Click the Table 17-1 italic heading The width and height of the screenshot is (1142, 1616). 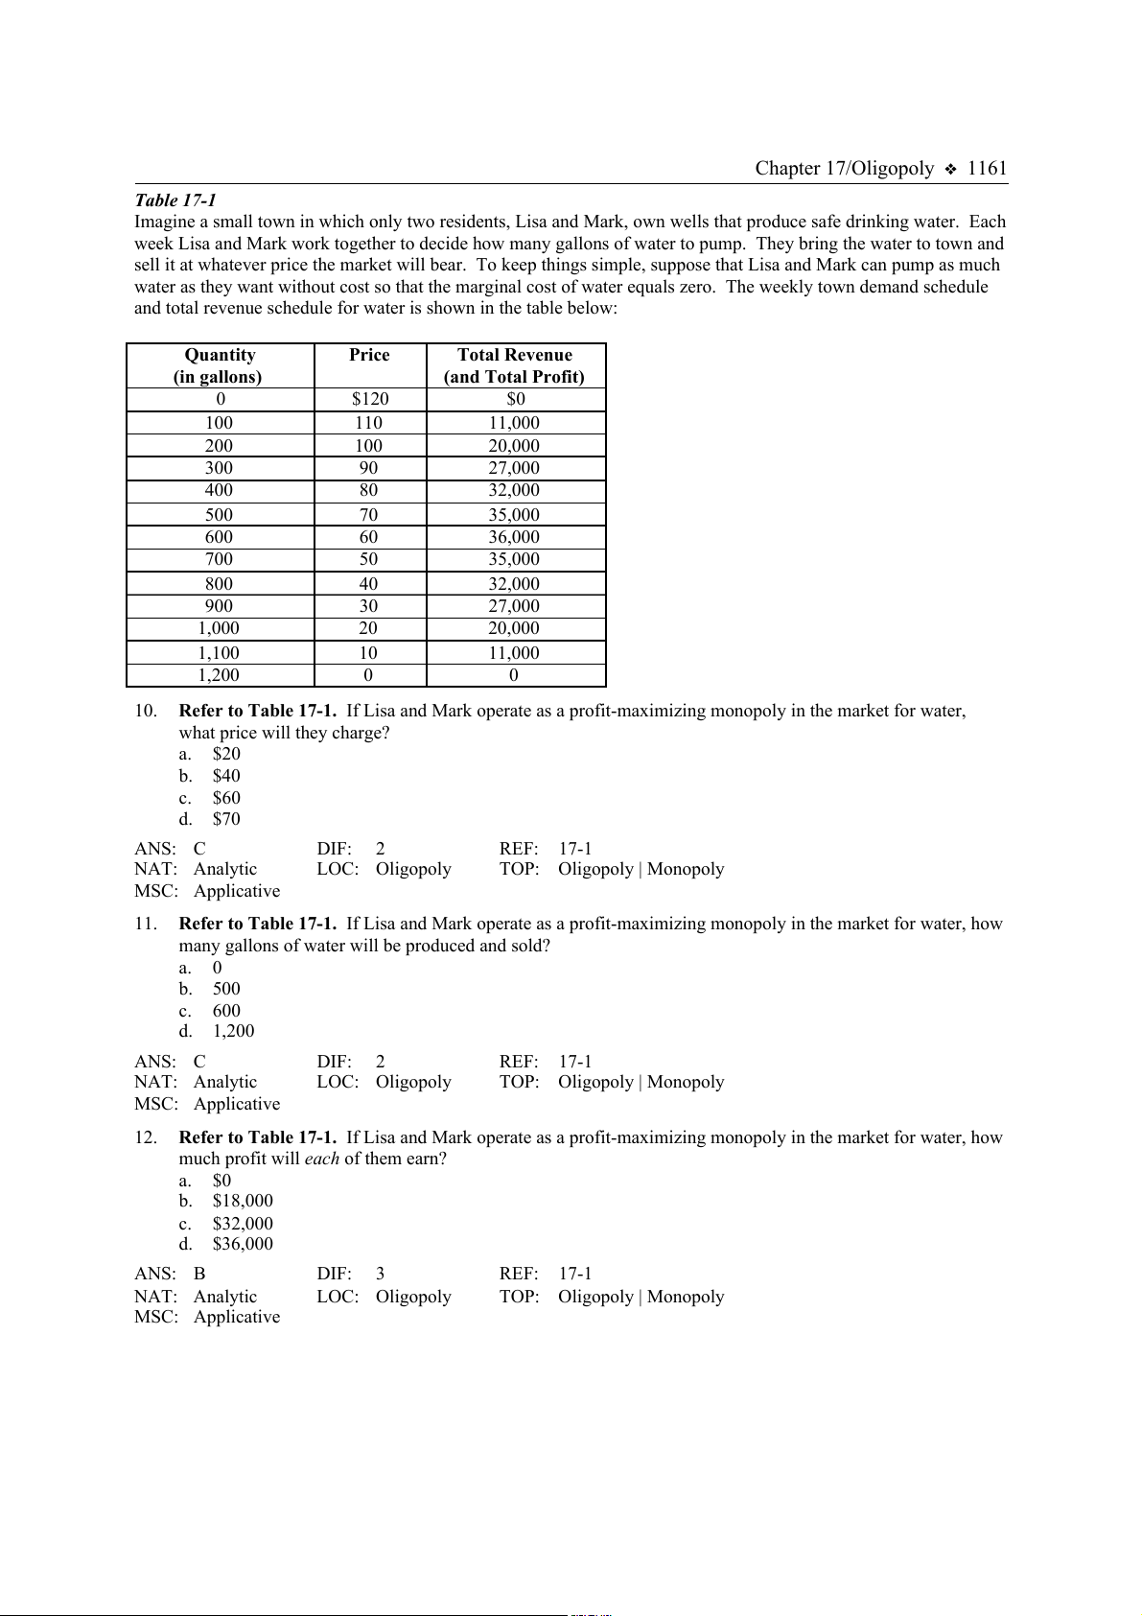point(175,199)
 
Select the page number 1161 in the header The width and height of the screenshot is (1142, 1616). point(987,169)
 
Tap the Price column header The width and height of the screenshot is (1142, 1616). point(369,355)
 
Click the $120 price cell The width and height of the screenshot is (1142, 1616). point(370,399)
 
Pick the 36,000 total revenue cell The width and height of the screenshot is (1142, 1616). point(514,537)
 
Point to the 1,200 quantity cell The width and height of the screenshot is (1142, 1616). point(219,675)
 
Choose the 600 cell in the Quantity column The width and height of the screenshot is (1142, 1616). point(219,537)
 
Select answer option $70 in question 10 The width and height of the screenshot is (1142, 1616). point(226,819)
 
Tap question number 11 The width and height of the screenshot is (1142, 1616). point(146,924)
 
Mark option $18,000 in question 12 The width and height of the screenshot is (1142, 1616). point(243,1201)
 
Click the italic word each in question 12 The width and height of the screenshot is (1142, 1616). point(322,1159)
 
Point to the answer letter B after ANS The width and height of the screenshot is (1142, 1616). point(199,1274)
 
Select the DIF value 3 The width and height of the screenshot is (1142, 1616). point(381,1274)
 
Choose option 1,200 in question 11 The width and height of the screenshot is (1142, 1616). point(234,1031)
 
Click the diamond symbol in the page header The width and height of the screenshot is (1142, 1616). point(950,170)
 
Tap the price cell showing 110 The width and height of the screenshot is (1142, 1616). point(368,423)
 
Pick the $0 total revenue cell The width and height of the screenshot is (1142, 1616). point(516,399)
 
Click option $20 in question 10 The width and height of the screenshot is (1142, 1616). point(226,754)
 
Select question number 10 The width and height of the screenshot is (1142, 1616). point(146,711)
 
